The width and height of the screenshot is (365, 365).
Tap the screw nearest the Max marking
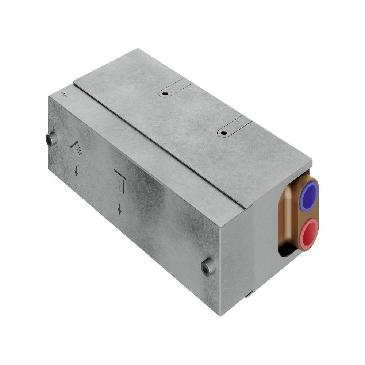(x=51, y=139)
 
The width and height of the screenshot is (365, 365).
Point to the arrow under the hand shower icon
(x=76, y=172)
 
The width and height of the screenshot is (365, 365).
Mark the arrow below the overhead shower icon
(x=119, y=210)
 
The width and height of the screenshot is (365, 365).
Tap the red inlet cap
(x=309, y=231)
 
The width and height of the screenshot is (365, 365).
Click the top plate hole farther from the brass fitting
(x=165, y=93)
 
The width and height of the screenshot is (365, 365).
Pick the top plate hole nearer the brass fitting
(x=224, y=133)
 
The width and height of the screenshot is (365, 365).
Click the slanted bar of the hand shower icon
(x=74, y=145)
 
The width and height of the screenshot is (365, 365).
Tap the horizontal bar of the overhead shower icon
(x=120, y=172)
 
